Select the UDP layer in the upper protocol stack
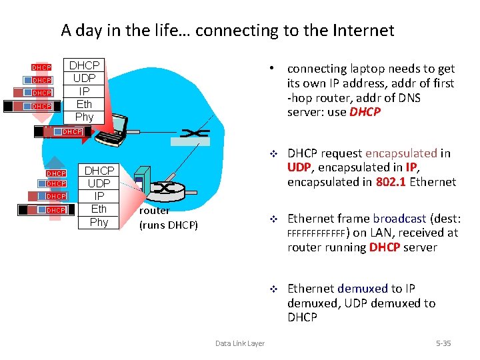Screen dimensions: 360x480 (x=84, y=78)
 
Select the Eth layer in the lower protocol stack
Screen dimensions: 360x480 (x=99, y=209)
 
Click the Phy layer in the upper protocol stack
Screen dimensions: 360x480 (x=84, y=117)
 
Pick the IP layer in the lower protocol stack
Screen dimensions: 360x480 (x=99, y=196)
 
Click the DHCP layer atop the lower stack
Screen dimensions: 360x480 (x=99, y=171)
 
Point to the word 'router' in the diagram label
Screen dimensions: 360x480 (x=154, y=211)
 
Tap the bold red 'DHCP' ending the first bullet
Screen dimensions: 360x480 (x=365, y=112)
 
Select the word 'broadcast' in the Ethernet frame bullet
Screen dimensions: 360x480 (x=399, y=218)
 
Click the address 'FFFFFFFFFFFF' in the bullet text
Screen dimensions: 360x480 (x=317, y=233)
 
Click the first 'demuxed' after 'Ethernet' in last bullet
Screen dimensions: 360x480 (x=363, y=288)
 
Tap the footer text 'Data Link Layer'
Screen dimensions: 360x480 (x=239, y=343)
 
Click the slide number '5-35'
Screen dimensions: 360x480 (x=443, y=343)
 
